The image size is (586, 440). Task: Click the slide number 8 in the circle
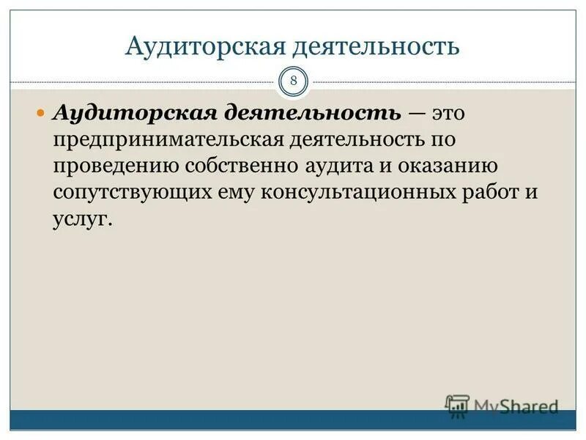point(293,81)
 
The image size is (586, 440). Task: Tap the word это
point(448,114)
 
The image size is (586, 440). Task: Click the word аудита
point(342,166)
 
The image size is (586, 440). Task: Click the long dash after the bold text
point(415,114)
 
